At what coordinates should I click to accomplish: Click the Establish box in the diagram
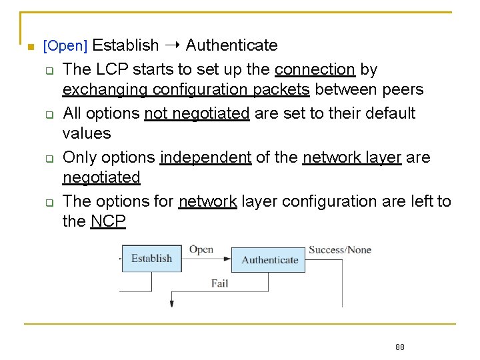(x=151, y=259)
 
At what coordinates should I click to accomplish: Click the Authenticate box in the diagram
(x=269, y=259)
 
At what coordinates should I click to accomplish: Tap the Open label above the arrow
(x=201, y=249)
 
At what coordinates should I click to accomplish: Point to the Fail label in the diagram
(x=219, y=283)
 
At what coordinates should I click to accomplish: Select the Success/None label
(x=339, y=250)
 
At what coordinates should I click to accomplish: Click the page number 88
(x=400, y=347)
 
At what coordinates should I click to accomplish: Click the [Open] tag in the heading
(x=65, y=46)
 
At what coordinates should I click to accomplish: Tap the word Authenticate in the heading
(x=231, y=45)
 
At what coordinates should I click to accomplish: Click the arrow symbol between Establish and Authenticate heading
(x=172, y=45)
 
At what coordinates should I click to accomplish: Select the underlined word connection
(x=315, y=69)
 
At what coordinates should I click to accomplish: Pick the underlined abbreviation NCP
(x=108, y=221)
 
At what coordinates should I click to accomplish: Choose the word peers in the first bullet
(x=402, y=89)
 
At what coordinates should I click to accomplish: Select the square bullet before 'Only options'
(x=49, y=159)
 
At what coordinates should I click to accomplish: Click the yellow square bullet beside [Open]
(x=30, y=47)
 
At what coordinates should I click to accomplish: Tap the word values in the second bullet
(x=87, y=133)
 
